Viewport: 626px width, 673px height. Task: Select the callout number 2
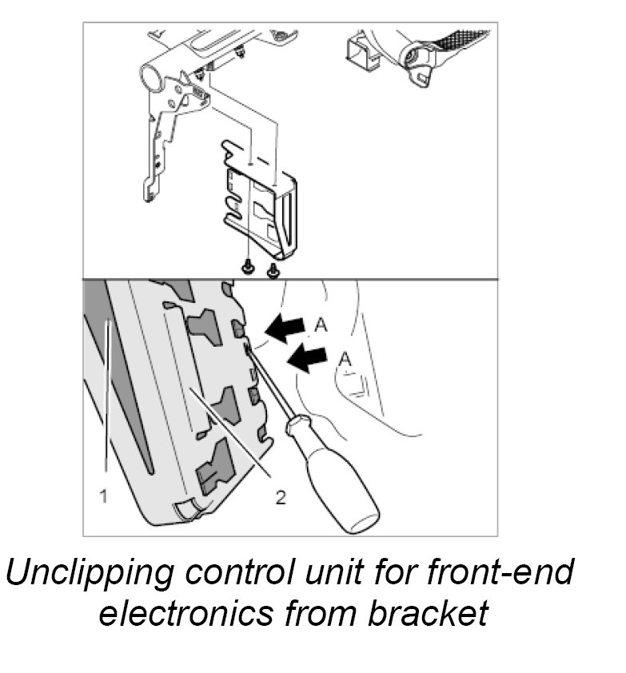[x=280, y=497]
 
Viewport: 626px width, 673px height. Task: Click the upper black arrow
[x=286, y=326]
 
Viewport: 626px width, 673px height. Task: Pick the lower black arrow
[x=308, y=359]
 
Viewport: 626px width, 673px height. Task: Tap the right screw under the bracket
[x=273, y=269]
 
